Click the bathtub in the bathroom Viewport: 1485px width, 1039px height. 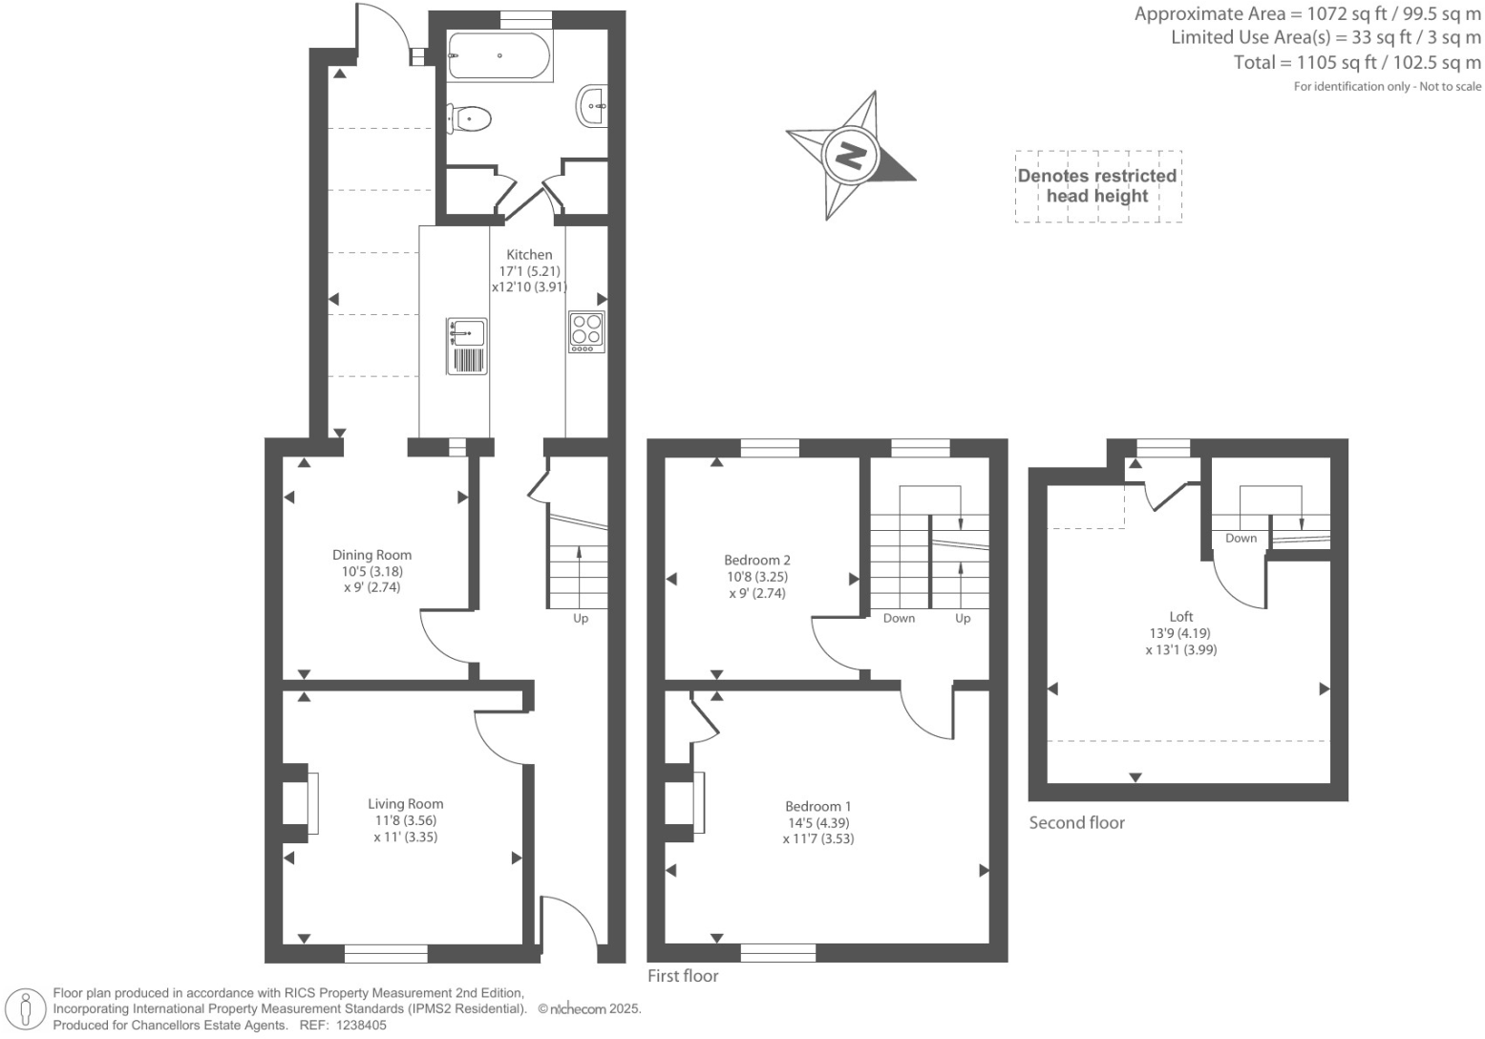pos(499,56)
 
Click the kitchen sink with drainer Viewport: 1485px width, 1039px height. pos(467,346)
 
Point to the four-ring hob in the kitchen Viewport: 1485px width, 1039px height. pos(586,331)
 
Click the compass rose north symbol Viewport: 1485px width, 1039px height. pos(849,155)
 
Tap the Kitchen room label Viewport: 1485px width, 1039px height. pos(529,255)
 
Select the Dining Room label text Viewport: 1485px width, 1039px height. pos(371,555)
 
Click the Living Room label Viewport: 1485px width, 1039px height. pos(406,804)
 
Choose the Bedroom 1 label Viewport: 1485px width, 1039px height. pos(817,806)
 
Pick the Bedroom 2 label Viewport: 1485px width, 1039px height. pos(756,561)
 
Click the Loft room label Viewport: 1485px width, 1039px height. pos(1180,617)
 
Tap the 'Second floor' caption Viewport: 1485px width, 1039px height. pos(1076,823)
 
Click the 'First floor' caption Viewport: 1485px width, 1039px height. pos(683,976)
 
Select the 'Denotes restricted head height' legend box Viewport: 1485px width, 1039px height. pos(1097,186)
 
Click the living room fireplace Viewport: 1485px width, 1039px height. pos(304,803)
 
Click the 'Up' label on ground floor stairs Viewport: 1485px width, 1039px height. pos(581,619)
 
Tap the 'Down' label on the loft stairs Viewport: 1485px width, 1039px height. pos(1241,539)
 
